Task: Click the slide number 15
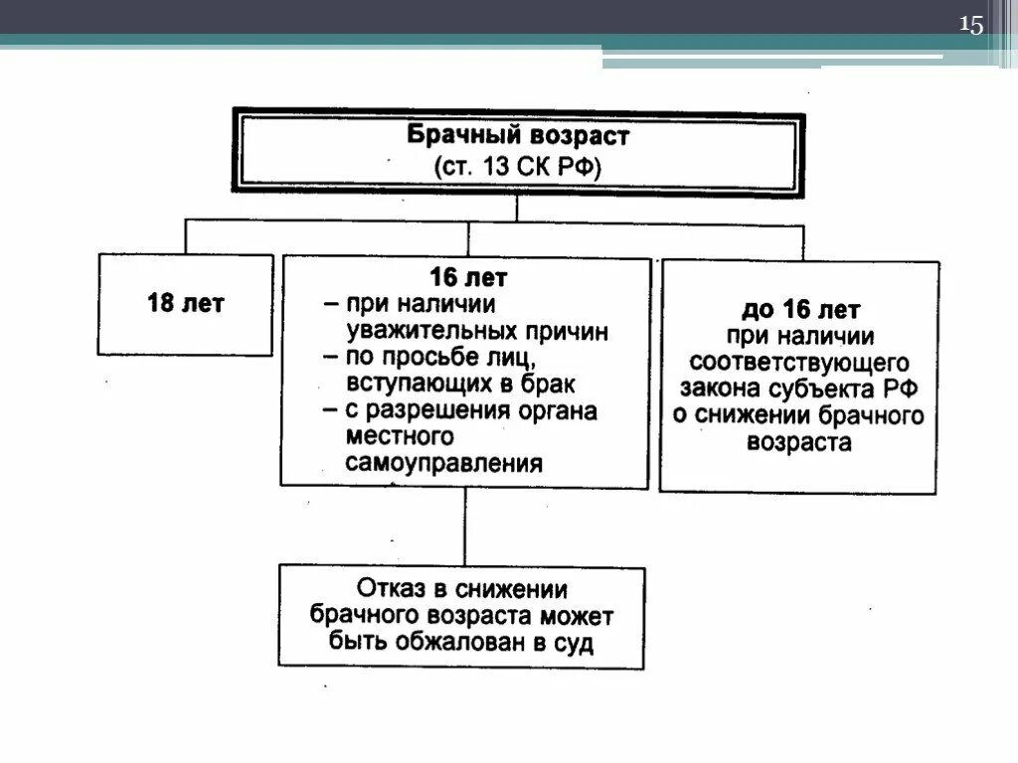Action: tap(970, 26)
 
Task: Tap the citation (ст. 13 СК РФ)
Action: tap(517, 166)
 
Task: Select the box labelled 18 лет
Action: tap(186, 304)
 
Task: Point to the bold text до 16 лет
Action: tap(801, 309)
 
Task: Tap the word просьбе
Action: tap(437, 358)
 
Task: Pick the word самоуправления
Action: tap(444, 463)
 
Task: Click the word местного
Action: tap(387, 437)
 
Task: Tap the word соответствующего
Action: tap(800, 362)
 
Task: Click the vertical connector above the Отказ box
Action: tap(464, 527)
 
